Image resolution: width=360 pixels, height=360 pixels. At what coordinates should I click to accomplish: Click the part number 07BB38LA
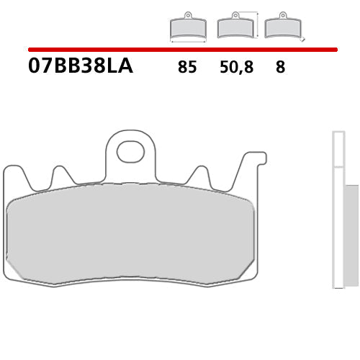click(81, 67)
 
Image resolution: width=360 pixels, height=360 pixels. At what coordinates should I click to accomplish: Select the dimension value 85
click(186, 68)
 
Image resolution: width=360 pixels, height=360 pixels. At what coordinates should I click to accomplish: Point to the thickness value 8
click(280, 68)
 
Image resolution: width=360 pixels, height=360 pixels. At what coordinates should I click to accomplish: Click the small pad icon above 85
click(187, 27)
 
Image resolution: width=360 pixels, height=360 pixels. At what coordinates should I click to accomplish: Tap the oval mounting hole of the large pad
click(130, 151)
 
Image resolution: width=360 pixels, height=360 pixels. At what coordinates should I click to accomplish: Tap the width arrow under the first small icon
click(187, 41)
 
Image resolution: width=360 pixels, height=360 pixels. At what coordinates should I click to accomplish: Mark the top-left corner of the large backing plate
click(6, 168)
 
